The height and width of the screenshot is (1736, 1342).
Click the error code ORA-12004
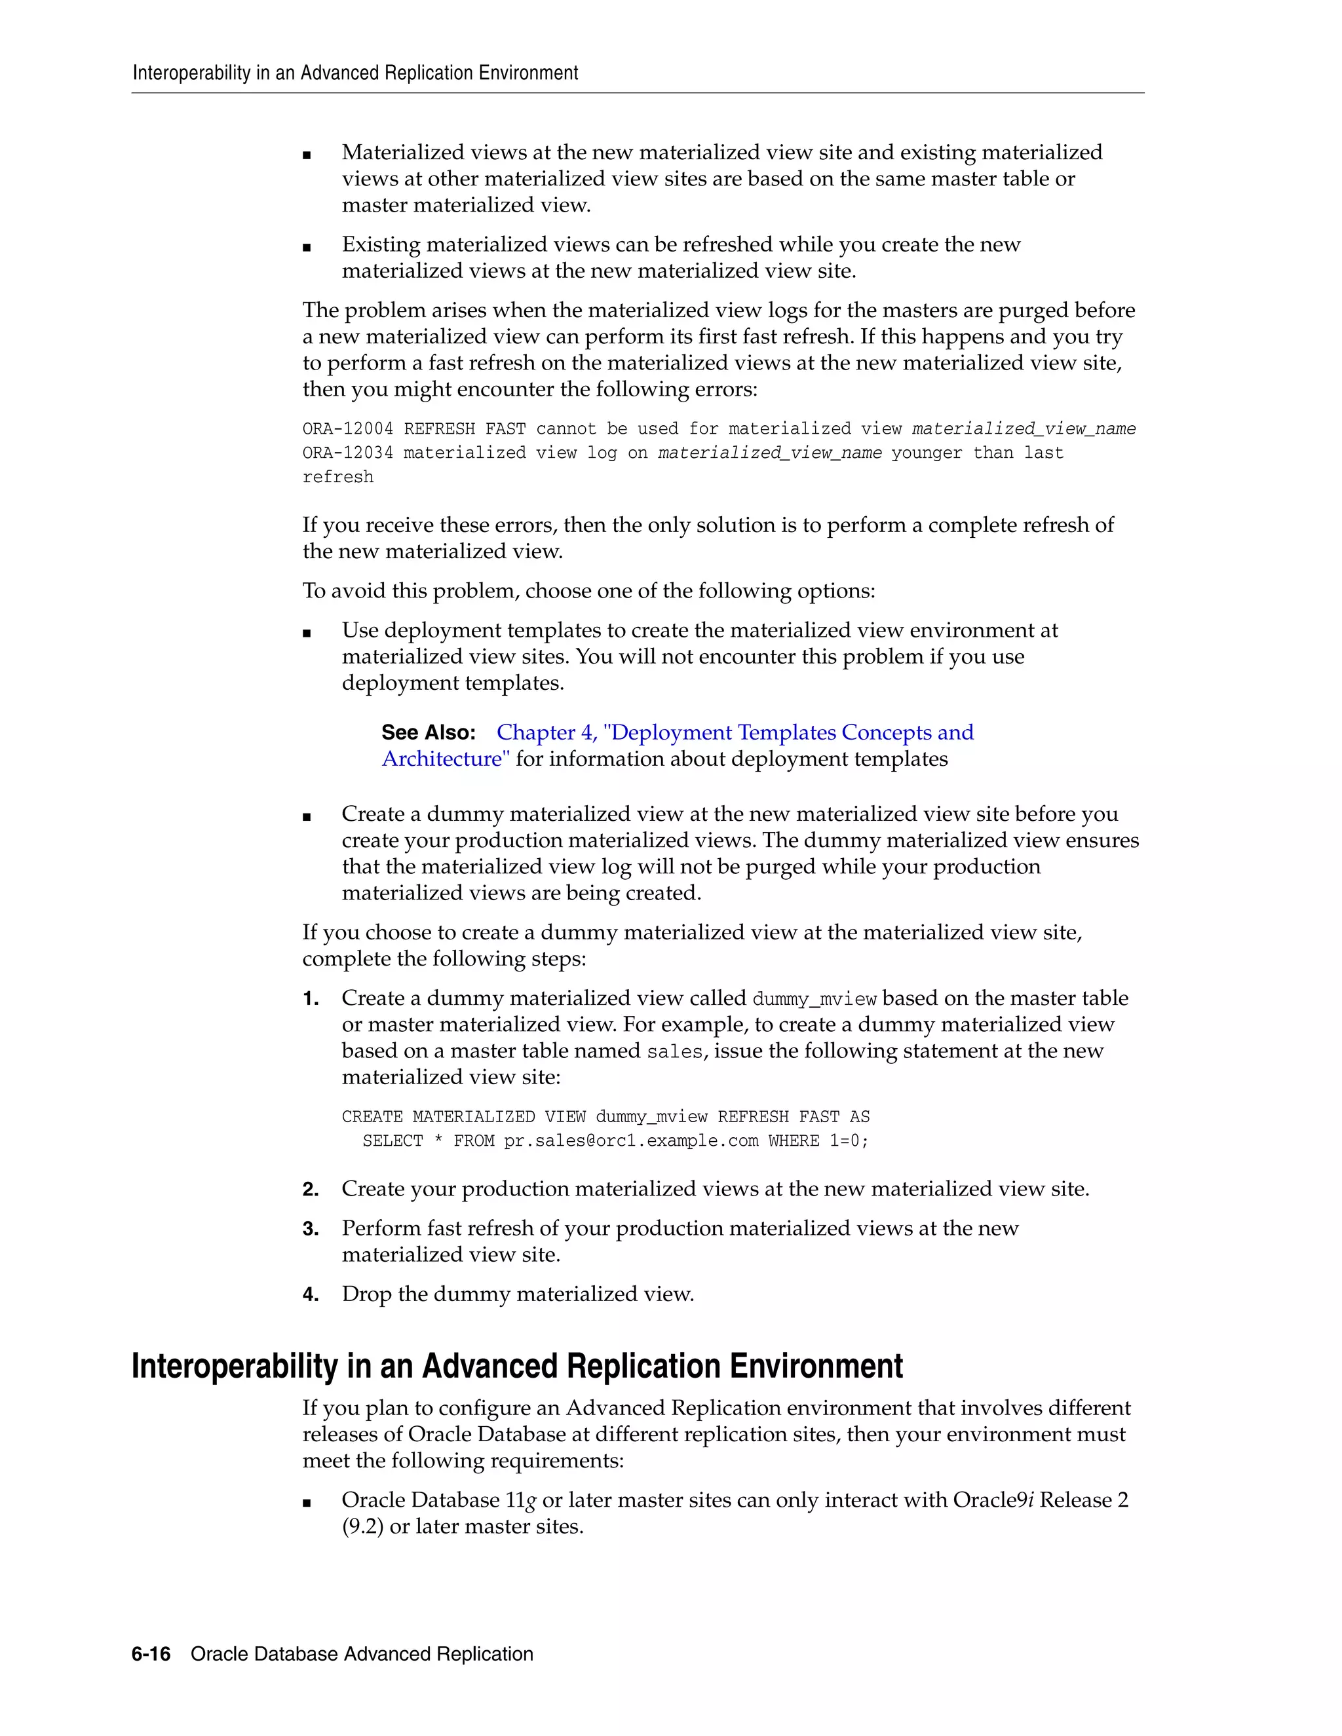coord(347,429)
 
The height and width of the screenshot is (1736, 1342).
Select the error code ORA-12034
coord(347,453)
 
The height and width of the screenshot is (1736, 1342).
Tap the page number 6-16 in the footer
coord(151,1653)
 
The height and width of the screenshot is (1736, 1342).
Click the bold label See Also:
coord(429,732)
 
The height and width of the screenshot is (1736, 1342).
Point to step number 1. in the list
coord(311,998)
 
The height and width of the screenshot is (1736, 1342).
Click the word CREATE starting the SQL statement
coord(372,1117)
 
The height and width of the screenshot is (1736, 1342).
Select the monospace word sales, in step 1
coord(675,1051)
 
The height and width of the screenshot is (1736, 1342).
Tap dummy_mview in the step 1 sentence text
coord(814,999)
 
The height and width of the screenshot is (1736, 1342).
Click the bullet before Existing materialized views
coord(307,247)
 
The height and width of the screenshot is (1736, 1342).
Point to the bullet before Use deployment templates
coord(307,633)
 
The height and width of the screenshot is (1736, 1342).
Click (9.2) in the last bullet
coord(362,1526)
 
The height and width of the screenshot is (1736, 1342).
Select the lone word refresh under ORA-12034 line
coord(338,477)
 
